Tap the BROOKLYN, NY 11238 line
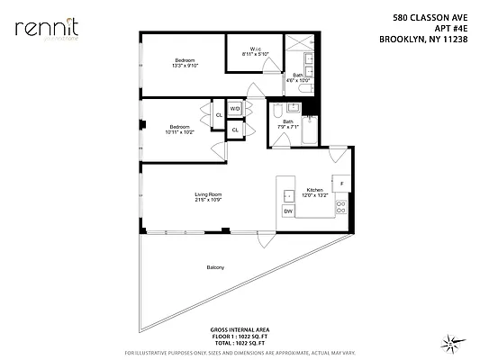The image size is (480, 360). coord(423,39)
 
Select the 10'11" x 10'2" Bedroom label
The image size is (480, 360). coord(178,129)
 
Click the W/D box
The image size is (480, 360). coord(234,109)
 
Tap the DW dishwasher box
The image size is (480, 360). coord(288,211)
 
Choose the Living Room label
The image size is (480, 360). coord(208,197)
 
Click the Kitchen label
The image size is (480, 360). coord(314,191)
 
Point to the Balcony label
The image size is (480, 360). coord(214,268)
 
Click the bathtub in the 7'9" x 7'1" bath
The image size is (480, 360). coord(309,133)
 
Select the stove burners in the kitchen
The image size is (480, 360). coord(341,209)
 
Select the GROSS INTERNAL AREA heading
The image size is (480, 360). coord(240,330)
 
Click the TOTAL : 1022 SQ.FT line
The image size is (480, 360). coord(240,344)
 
